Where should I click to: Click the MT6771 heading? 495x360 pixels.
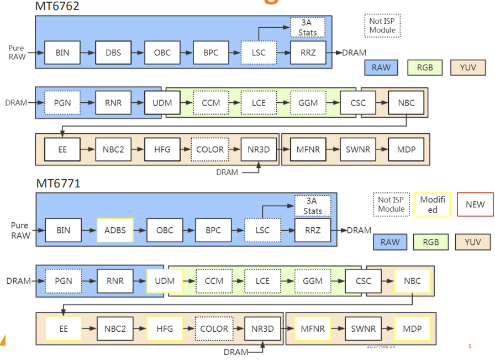pyautogui.click(x=59, y=184)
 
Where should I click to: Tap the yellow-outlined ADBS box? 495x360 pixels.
pyautogui.click(x=115, y=230)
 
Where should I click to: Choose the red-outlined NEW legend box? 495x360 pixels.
pyautogui.click(x=475, y=204)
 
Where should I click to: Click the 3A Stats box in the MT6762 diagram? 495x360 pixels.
pyautogui.click(x=307, y=27)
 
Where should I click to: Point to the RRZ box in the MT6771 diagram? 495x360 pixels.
pyautogui.click(x=313, y=230)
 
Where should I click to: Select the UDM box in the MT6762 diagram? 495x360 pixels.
pyautogui.click(x=162, y=102)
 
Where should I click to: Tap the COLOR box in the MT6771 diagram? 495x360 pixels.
pyautogui.click(x=214, y=328)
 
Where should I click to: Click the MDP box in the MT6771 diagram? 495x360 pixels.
pyautogui.click(x=412, y=328)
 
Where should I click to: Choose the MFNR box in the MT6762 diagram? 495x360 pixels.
pyautogui.click(x=308, y=149)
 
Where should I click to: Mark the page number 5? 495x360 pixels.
pyautogui.click(x=470, y=346)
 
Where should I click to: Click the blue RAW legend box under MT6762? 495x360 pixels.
pyautogui.click(x=381, y=67)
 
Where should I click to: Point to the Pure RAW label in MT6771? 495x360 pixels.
pyautogui.click(x=20, y=230)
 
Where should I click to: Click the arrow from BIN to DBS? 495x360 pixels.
pyautogui.click(x=87, y=53)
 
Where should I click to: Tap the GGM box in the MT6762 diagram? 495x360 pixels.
pyautogui.click(x=307, y=102)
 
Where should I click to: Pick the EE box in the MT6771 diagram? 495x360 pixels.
pyautogui.click(x=63, y=328)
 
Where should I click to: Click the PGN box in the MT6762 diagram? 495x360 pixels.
pyautogui.click(x=62, y=102)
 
